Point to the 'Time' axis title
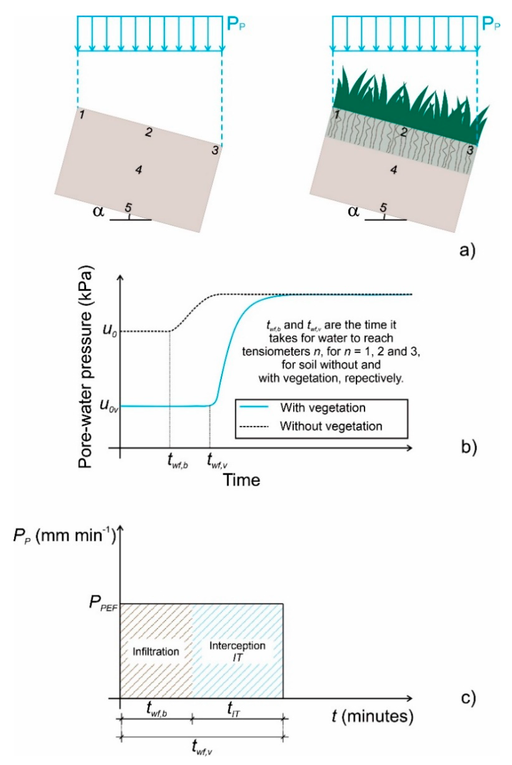[241, 480]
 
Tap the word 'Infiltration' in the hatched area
[156, 652]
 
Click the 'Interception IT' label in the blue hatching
[237, 651]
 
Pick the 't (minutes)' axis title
[372, 716]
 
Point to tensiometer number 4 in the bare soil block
[139, 170]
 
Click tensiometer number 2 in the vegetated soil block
[404, 132]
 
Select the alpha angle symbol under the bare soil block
[98, 211]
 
